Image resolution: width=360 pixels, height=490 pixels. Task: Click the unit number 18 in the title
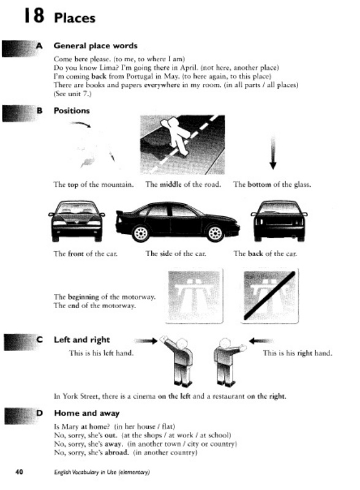[x=34, y=16]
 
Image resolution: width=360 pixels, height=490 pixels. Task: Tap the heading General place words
[x=96, y=45]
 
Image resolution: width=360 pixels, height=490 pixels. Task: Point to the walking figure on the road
[x=176, y=135]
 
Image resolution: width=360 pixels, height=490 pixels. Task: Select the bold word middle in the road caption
[x=171, y=184]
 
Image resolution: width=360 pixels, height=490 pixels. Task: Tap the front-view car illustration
[x=77, y=221]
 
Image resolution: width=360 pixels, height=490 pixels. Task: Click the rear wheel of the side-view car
[x=141, y=233]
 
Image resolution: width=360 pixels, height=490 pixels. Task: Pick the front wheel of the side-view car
[x=215, y=233]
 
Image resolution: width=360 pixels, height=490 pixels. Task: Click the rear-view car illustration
[x=279, y=221]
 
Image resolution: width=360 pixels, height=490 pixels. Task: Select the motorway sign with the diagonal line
[x=269, y=296]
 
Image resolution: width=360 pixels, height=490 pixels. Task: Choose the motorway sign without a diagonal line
[x=194, y=296]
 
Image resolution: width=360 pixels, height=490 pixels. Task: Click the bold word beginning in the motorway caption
[x=83, y=297]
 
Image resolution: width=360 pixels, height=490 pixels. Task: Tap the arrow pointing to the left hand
[x=146, y=341]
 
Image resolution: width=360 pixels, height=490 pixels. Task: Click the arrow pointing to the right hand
[x=261, y=341]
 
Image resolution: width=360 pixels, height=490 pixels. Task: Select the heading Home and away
[x=87, y=413]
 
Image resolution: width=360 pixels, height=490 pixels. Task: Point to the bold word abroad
[x=116, y=453]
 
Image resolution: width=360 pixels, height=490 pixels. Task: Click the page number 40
[x=19, y=472]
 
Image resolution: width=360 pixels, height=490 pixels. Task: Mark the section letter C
[x=39, y=340]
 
